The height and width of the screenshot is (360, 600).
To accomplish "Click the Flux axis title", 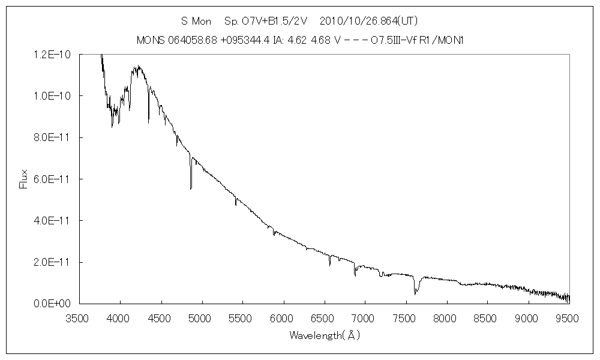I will click(24, 179).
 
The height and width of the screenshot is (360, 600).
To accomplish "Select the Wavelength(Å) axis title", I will click(325, 335).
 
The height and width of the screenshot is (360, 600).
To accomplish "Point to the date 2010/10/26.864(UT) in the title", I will click(368, 21).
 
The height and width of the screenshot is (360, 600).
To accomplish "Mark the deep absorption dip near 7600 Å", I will click(415, 293).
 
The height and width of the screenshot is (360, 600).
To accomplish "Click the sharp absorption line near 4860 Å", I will click(191, 188).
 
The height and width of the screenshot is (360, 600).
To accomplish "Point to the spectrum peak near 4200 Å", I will click(138, 67).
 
